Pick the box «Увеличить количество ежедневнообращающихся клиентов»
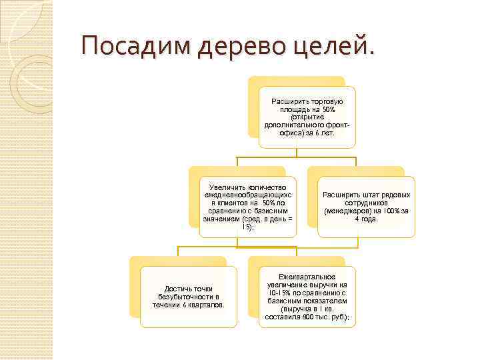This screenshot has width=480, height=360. pyautogui.click(x=247, y=207)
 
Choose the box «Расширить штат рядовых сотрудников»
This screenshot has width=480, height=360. pyautogui.click(x=366, y=207)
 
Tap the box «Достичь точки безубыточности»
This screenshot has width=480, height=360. pyautogui.click(x=189, y=297)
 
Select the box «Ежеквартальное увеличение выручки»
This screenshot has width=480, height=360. pyautogui.click(x=307, y=297)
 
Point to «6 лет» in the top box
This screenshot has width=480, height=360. pyautogui.click(x=323, y=133)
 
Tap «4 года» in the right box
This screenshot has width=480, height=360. pyautogui.click(x=366, y=219)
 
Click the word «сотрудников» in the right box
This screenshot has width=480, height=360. pyautogui.click(x=366, y=203)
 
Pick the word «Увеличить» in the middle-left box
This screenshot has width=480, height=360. pyautogui.click(x=227, y=187)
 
